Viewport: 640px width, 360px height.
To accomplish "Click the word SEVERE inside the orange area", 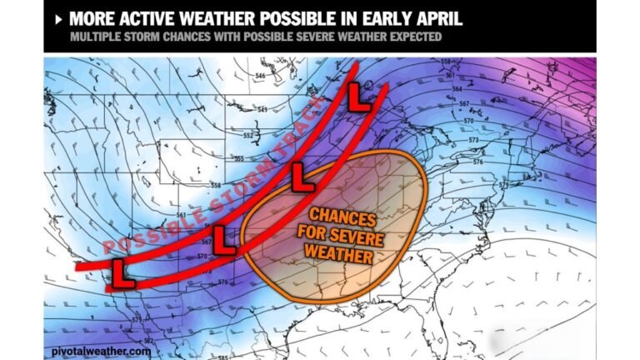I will (x=349, y=236).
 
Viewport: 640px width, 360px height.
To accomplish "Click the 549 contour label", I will (x=262, y=109).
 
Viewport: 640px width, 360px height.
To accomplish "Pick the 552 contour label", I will (x=247, y=135).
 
